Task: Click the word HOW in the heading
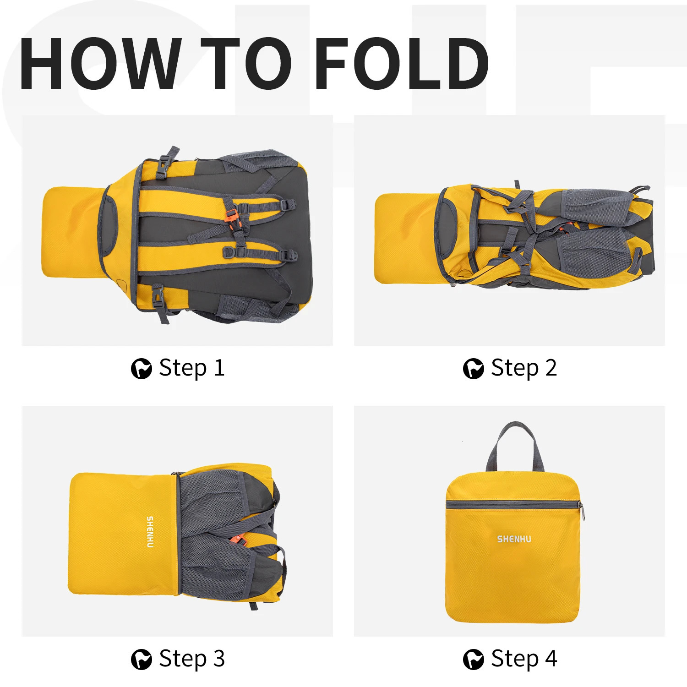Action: [100, 63]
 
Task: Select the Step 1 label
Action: [192, 368]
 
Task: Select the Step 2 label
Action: [524, 368]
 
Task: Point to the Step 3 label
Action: [192, 660]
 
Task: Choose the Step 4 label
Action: [524, 660]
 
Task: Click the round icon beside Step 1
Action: [141, 369]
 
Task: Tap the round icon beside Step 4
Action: [473, 660]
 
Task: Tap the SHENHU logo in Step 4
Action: [514, 539]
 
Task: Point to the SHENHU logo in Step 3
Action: [150, 532]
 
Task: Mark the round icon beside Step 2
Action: [473, 369]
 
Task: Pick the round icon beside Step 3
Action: [141, 660]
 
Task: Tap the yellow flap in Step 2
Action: [405, 238]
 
